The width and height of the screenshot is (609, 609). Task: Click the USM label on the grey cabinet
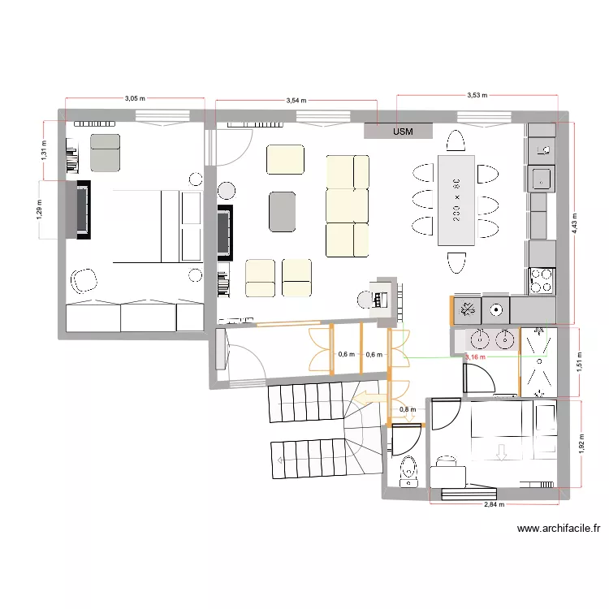point(402,131)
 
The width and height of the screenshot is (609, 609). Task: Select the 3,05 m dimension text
point(135,99)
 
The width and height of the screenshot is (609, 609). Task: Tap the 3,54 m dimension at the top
point(297,101)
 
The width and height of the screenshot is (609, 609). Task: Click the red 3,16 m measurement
point(475,356)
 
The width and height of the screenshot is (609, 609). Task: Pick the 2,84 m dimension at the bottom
point(494,504)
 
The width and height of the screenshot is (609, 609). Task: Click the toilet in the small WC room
point(408,469)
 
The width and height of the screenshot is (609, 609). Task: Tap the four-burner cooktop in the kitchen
point(541,281)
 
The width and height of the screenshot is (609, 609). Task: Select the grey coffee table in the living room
point(283,211)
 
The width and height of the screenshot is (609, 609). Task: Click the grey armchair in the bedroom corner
point(104,153)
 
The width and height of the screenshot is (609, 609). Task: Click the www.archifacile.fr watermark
point(559,529)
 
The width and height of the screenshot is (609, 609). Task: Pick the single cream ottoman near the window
point(285,159)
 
